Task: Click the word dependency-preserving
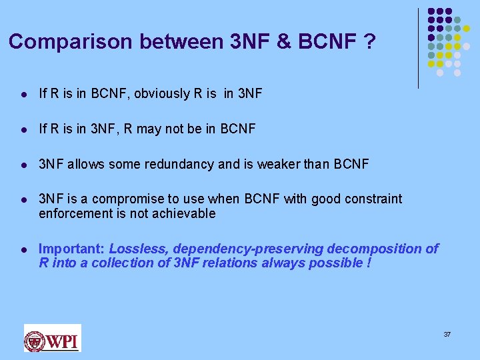247,249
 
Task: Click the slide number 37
447,333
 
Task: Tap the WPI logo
53,338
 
